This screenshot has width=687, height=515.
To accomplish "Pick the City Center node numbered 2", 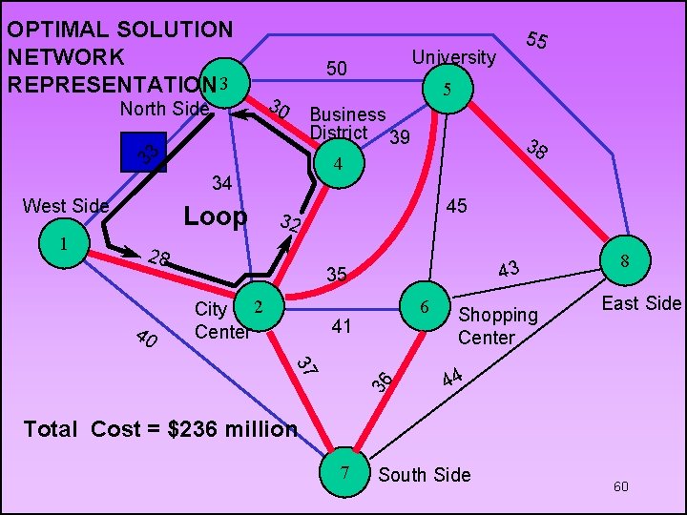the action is click(x=257, y=306).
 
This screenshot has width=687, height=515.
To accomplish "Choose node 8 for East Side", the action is click(x=624, y=259).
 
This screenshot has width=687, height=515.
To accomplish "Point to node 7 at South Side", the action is click(x=344, y=473).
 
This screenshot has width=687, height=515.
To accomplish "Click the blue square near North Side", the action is click(x=143, y=153).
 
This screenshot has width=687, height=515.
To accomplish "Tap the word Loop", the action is click(x=215, y=217).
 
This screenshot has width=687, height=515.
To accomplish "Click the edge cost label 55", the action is click(x=536, y=40).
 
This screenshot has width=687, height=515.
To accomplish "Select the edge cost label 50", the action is click(x=337, y=69).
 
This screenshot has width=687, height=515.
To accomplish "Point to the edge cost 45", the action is click(x=456, y=207).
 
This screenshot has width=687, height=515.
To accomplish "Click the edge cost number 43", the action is click(x=509, y=271).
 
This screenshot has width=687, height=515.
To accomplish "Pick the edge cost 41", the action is click(x=342, y=326).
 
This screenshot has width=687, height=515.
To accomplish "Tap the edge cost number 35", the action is click(x=336, y=275).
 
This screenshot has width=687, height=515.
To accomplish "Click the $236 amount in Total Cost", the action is click(x=196, y=429).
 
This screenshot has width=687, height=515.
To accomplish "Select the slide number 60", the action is click(x=621, y=487).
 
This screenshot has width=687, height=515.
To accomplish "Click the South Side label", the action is click(x=425, y=474).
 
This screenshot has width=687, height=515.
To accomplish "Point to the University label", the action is click(x=454, y=57).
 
